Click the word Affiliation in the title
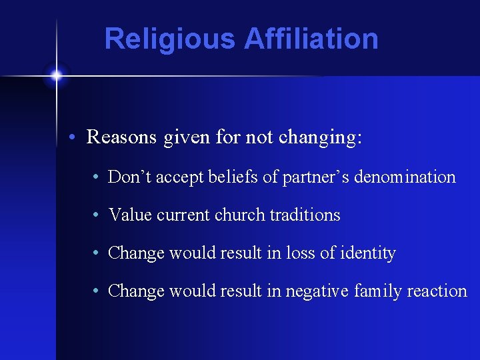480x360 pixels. point(311,39)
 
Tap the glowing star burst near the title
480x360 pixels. point(56,75)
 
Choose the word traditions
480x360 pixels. point(305,215)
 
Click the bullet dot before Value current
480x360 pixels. point(97,215)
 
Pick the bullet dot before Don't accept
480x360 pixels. point(97,178)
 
